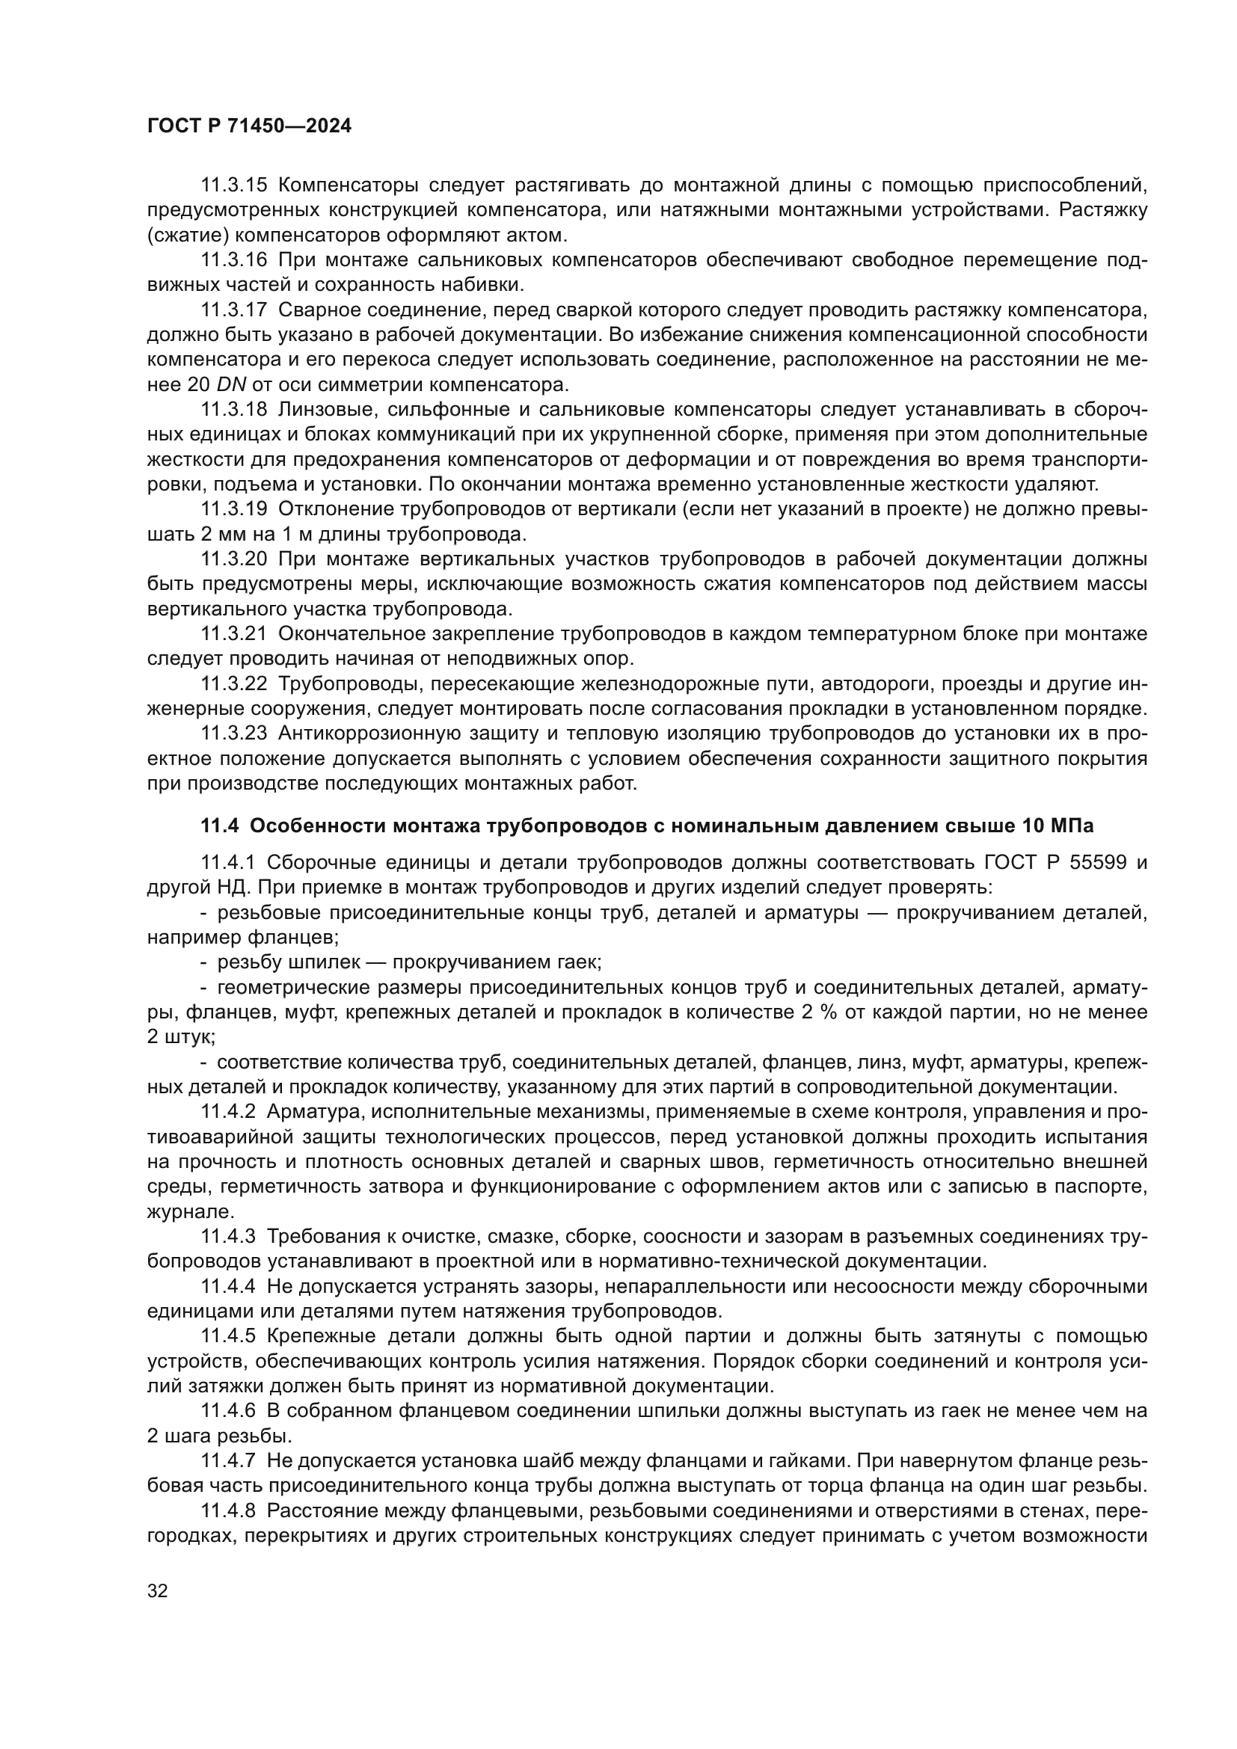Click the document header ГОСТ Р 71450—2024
tap(249, 126)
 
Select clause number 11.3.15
tap(234, 185)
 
